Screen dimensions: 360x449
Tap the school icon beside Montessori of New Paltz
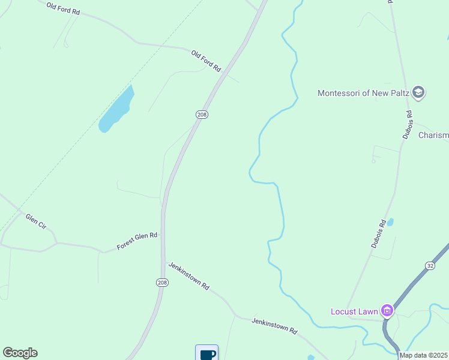(x=419, y=92)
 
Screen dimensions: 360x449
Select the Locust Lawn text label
(x=354, y=311)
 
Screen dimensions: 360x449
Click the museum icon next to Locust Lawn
(x=387, y=310)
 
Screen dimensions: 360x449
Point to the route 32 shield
(x=430, y=265)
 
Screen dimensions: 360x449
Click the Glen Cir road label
(x=35, y=221)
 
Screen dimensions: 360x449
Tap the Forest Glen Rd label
(x=137, y=241)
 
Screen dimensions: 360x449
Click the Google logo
(x=20, y=353)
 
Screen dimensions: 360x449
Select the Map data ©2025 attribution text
(x=424, y=355)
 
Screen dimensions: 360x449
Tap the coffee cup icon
(x=207, y=353)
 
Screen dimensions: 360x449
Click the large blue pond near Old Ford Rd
(x=116, y=109)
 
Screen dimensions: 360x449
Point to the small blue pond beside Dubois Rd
(x=390, y=222)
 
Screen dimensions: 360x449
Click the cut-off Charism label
(x=433, y=136)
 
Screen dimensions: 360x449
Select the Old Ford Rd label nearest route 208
(x=206, y=61)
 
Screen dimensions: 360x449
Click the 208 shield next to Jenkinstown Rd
(x=162, y=283)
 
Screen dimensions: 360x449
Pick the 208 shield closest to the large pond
(x=202, y=114)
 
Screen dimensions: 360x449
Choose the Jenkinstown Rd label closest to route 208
(x=188, y=276)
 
